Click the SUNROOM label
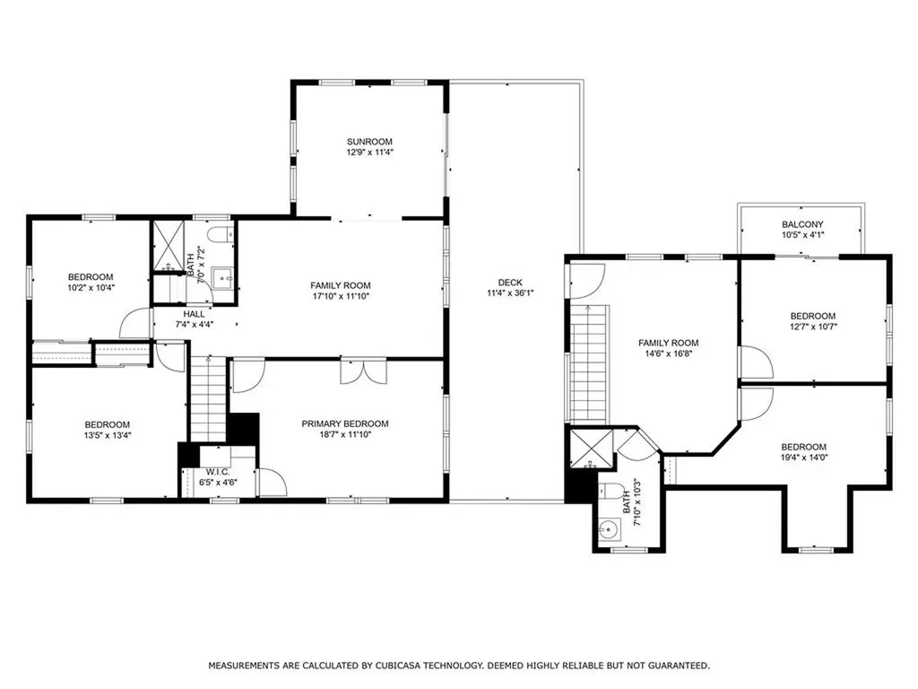point(370,142)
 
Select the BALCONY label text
point(802,224)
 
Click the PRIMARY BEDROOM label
point(345,423)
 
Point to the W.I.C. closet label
point(219,473)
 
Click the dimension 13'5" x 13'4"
point(108,436)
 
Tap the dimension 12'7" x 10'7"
point(812,327)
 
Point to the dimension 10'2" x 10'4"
point(91,287)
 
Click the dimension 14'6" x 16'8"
point(668,353)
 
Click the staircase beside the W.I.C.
point(208,398)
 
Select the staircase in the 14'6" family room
point(589,363)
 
